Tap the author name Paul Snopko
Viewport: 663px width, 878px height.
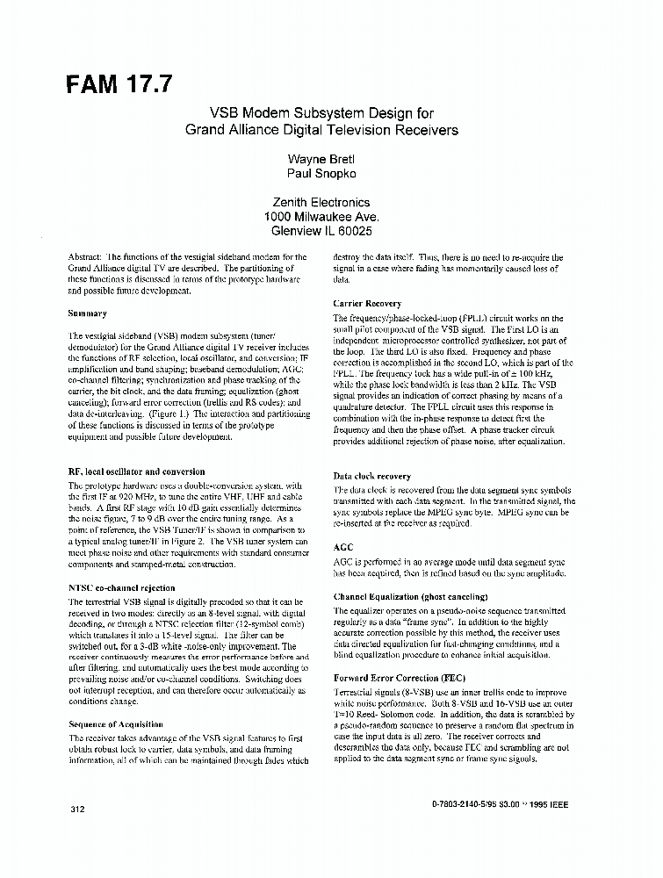pyautogui.click(x=321, y=175)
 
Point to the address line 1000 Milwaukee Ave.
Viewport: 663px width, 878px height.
pyautogui.click(x=321, y=217)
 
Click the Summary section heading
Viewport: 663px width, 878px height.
pyautogui.click(x=87, y=313)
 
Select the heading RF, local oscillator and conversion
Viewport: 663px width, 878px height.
pyautogui.click(x=136, y=471)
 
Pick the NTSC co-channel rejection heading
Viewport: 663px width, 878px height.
pyautogui.click(x=121, y=587)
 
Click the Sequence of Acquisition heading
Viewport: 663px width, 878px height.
pyautogui.click(x=114, y=724)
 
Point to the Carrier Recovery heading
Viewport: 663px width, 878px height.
pyautogui.click(x=367, y=303)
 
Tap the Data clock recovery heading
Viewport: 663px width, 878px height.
pyautogui.click(x=371, y=475)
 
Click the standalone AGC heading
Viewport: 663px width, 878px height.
pyautogui.click(x=342, y=547)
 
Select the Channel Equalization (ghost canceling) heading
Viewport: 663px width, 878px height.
pyautogui.click(x=410, y=596)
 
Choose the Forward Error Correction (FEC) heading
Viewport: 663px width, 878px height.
pyautogui.click(x=400, y=679)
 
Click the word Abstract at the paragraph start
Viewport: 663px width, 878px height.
pyautogui.click(x=85, y=256)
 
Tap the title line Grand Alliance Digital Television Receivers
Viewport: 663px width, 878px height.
pyautogui.click(x=321, y=130)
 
